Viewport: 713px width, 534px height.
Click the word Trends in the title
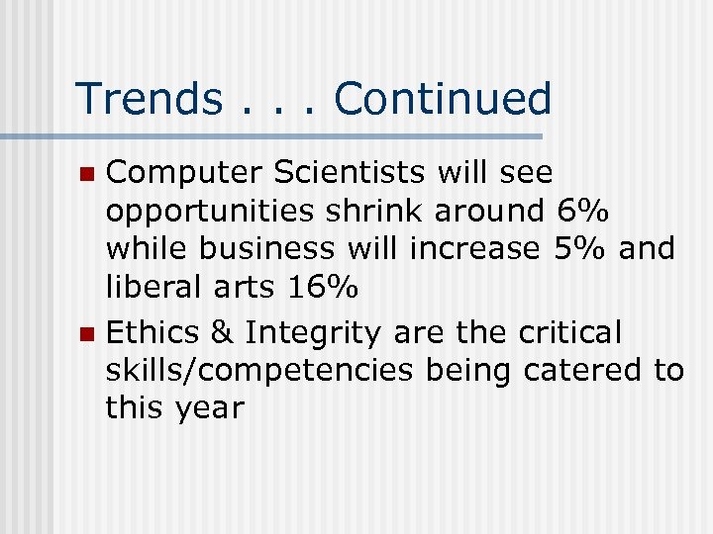(x=150, y=99)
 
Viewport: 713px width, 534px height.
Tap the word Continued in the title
(x=443, y=99)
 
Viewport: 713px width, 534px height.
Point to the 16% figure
(x=322, y=287)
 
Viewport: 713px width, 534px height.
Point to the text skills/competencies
(x=261, y=371)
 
